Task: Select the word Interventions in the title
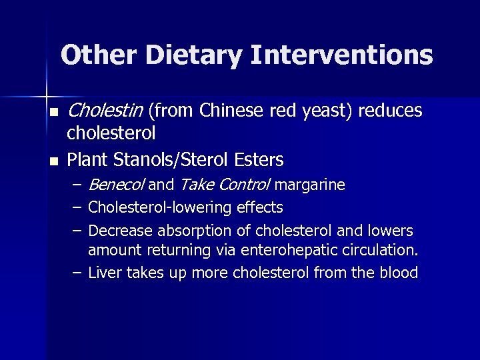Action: [x=342, y=55]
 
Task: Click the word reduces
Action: [x=390, y=110]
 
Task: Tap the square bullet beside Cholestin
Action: [x=53, y=111]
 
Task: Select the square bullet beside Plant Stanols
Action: [x=53, y=161]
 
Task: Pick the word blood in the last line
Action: [x=399, y=273]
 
